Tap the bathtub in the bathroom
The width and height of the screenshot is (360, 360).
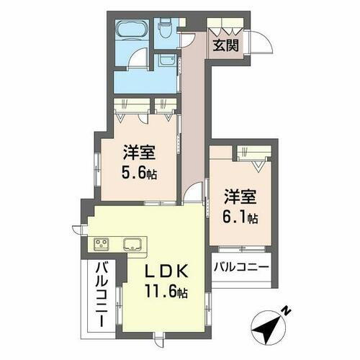pos(132,30)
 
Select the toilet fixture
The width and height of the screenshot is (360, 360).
pos(163,28)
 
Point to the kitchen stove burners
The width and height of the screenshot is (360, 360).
pos(99,243)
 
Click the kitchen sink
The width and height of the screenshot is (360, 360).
pos(132,243)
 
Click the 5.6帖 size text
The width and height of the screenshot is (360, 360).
pos(140,174)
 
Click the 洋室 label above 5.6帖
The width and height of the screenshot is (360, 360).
pos(138,153)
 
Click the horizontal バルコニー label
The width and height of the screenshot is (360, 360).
pos(241,267)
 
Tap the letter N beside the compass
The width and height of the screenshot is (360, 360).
pos(287,310)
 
